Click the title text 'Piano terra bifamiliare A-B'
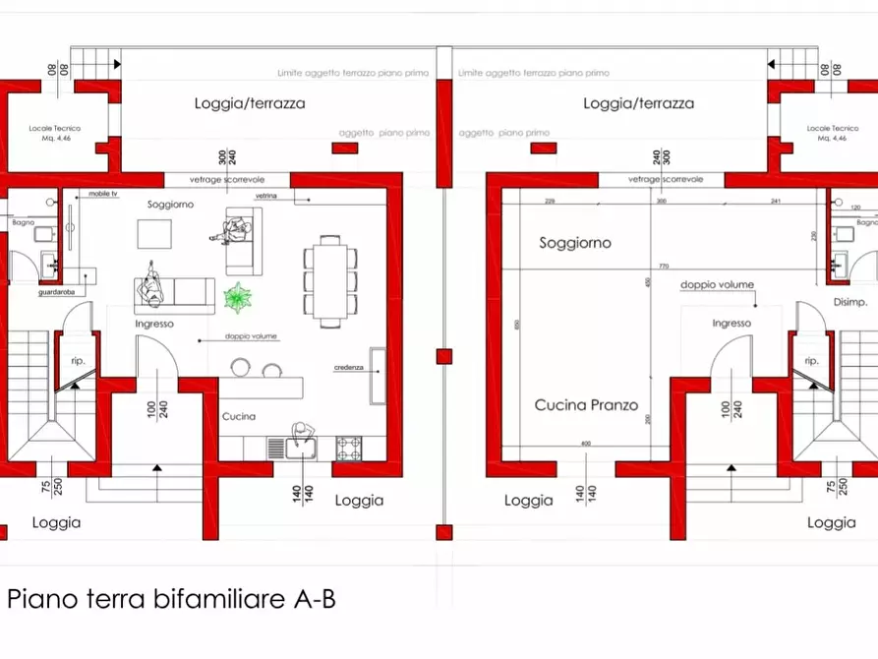171,598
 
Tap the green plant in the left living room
237,294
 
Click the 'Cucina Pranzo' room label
586,404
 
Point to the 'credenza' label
349,368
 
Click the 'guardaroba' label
54,292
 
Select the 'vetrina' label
266,197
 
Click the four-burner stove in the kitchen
349,448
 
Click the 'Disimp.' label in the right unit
849,302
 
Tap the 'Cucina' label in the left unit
238,416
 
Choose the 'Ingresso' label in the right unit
732,323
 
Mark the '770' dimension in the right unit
664,266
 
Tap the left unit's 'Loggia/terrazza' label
250,103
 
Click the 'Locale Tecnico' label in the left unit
54,129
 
